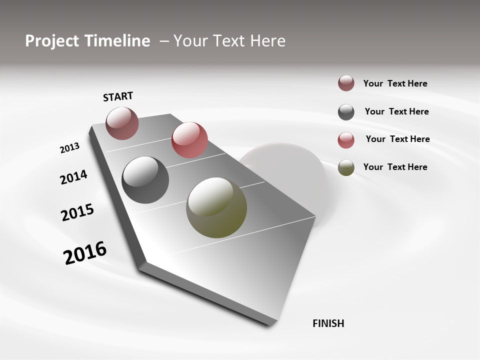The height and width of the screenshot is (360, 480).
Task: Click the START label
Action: coord(118,96)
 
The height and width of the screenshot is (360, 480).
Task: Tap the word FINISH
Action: coord(328,323)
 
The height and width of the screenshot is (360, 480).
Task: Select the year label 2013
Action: coord(69,148)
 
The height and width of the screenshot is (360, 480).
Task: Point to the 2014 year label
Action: coord(73,177)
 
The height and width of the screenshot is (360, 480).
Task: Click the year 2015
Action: coord(77,212)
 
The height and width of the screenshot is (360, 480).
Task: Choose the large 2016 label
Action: coord(85,252)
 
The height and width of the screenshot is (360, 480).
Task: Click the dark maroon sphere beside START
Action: coord(122,123)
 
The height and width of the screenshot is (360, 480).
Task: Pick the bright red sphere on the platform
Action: coord(189,140)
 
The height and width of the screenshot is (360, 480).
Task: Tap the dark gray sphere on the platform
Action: coord(145,180)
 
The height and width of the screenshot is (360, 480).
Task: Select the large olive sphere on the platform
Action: coord(216,207)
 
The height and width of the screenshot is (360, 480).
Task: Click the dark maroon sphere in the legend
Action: coord(346,83)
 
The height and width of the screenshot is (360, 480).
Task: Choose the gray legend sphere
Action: coord(346,112)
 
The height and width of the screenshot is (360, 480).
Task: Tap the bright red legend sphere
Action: coord(346,140)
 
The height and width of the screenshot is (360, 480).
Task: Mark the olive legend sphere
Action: coord(346,167)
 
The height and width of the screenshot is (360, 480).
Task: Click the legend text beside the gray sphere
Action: coord(396,111)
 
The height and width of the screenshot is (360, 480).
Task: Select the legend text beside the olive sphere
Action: coord(395,167)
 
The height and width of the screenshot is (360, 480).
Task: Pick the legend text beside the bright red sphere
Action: coord(397,139)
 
